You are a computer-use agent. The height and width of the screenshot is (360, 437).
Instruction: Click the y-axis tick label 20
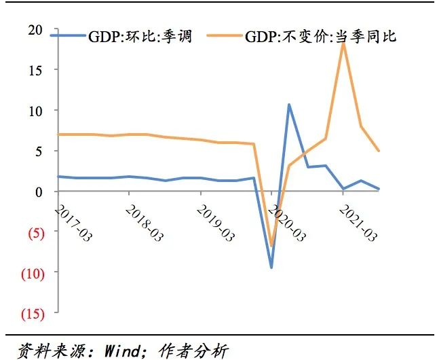tap(35, 30)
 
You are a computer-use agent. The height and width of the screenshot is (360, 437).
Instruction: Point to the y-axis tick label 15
tap(35, 70)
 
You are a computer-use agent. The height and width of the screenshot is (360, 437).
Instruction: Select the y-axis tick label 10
tap(35, 111)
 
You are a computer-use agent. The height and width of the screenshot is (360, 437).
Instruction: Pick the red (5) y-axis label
tap(33, 232)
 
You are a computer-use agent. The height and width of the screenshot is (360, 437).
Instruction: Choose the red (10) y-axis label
tap(31, 273)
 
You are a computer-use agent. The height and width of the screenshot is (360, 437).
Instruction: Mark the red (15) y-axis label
tap(31, 314)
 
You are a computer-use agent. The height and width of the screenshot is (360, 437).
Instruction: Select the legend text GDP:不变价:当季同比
tap(321, 36)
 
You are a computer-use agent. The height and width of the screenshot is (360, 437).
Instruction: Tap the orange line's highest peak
tap(343, 42)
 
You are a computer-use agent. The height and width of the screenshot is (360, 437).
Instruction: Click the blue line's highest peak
tap(289, 105)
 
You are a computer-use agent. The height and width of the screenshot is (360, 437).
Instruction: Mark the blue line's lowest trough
tap(271, 267)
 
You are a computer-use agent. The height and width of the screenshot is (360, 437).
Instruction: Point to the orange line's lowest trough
tap(271, 246)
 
